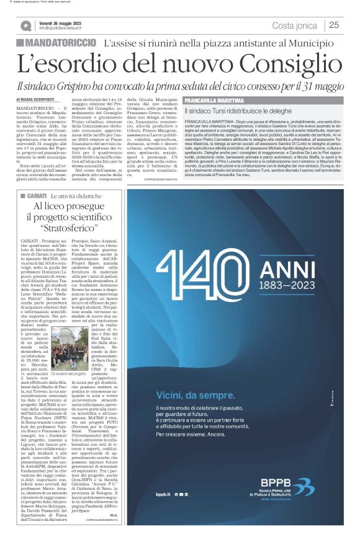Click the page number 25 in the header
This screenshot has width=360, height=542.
tap(334, 25)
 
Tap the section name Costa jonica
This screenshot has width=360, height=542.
tap(296, 25)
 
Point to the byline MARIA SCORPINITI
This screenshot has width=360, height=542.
tap(38, 100)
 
